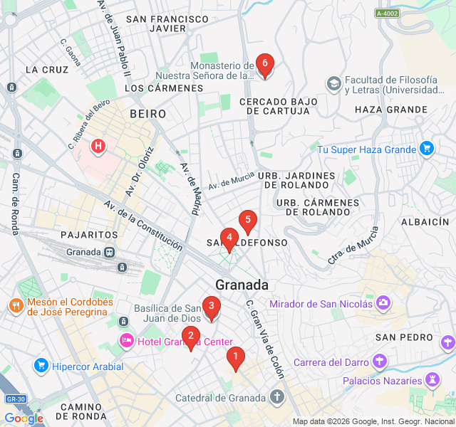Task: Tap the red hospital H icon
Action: pos(98,147)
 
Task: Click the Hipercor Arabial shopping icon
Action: pos(41,367)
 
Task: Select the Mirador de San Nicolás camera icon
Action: pos(384,304)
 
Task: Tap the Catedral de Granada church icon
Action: pos(276,397)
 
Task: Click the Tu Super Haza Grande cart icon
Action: pos(426,149)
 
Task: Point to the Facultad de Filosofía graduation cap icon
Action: pos(333,85)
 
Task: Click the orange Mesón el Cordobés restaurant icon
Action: pos(16,307)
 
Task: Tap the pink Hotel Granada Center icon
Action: pos(126,341)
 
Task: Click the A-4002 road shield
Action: pos(387,13)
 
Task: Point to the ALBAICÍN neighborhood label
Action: pos(425,222)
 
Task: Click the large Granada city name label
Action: pos(242,285)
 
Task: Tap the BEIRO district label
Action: pos(147,114)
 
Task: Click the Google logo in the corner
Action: pos(24,418)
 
